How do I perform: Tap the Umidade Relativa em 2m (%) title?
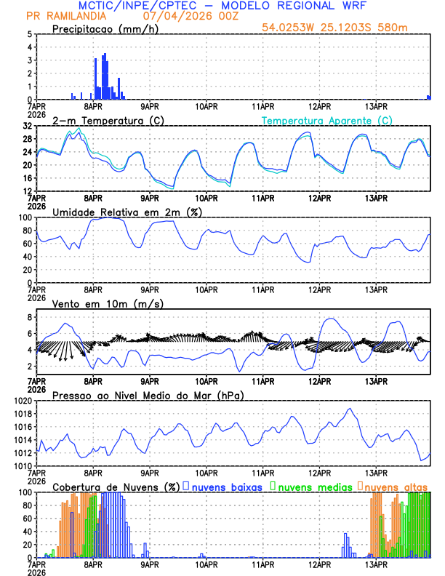point(127,212)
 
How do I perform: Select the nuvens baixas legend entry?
point(226,486)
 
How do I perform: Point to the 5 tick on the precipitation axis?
point(28,34)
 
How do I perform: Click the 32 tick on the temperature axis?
point(26,126)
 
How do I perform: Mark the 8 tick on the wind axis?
point(28,317)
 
